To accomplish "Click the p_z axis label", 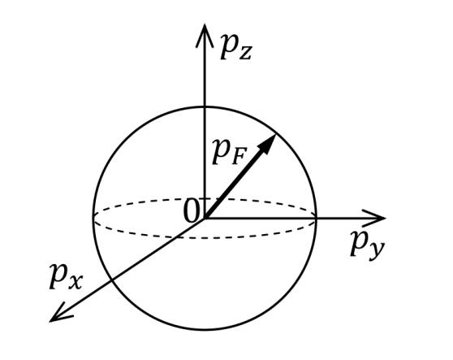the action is click(236, 47).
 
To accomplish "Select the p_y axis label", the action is click(368, 245).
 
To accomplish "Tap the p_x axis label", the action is click(66, 276).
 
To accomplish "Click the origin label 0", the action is click(192, 211).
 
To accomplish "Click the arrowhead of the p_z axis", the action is click(205, 35).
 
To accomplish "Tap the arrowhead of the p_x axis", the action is click(60, 314).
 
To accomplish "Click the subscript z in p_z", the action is click(245, 54).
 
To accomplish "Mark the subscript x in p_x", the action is click(75, 282).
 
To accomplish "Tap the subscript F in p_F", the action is click(239, 158).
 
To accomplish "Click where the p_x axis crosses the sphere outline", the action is click(112, 280).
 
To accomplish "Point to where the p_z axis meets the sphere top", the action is click(205, 107).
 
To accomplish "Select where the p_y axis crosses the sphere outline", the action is click(316, 218).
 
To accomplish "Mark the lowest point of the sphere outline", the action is click(205, 329).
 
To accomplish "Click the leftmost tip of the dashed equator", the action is click(94, 218).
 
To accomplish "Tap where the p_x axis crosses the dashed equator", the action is click(177, 236).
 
